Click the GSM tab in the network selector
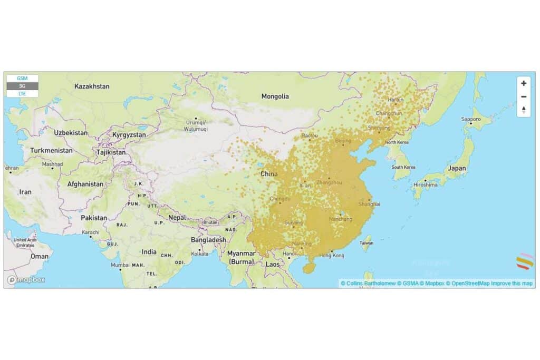(22, 78)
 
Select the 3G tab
(22, 86)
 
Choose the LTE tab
(22, 93)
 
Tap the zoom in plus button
(523, 83)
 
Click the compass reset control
(523, 110)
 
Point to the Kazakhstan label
(92, 86)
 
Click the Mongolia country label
(275, 96)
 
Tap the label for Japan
(457, 169)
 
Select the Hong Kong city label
(332, 256)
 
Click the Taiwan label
(366, 243)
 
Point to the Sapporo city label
(471, 120)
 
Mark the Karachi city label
(91, 232)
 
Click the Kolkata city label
(200, 254)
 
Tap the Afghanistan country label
(85, 184)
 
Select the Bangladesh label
(209, 240)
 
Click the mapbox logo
(26, 280)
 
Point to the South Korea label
(403, 167)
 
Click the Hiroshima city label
(426, 185)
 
